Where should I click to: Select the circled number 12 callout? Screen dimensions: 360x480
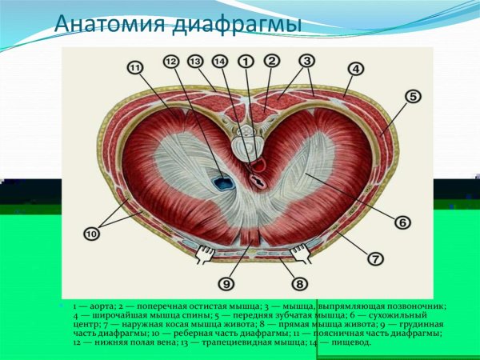[170, 62]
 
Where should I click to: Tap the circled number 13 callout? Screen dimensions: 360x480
[195, 61]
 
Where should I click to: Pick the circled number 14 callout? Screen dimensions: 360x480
[220, 61]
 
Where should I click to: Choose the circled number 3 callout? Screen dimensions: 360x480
[307, 61]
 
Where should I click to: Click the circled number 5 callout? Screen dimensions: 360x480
[413, 97]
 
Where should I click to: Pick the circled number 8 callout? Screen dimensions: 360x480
[299, 282]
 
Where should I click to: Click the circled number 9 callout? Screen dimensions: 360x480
[227, 282]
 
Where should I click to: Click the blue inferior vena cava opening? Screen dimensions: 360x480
[220, 182]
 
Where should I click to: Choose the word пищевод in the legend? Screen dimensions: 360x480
[350, 342]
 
